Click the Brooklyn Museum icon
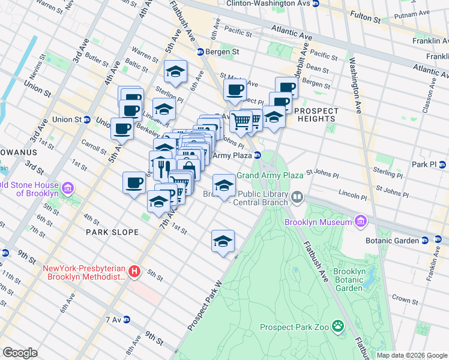[x=360, y=222]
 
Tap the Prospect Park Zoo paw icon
[x=339, y=327]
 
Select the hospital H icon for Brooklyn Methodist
[x=134, y=272]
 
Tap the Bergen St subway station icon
[x=200, y=52]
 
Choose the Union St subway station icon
[x=86, y=119]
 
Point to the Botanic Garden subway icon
[x=425, y=241]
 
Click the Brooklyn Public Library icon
[x=297, y=197]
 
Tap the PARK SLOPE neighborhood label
[x=112, y=232]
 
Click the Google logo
[x=20, y=352]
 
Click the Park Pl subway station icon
[x=442, y=164]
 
